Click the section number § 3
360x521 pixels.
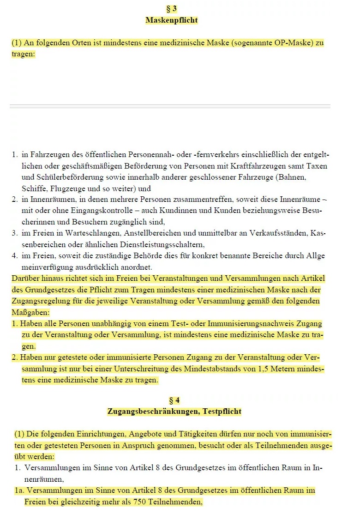[x=171, y=9]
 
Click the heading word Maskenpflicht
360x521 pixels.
[x=171, y=20]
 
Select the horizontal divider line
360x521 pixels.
[x=170, y=106]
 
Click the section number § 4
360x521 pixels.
[x=174, y=400]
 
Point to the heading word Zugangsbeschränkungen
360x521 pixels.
[x=153, y=411]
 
